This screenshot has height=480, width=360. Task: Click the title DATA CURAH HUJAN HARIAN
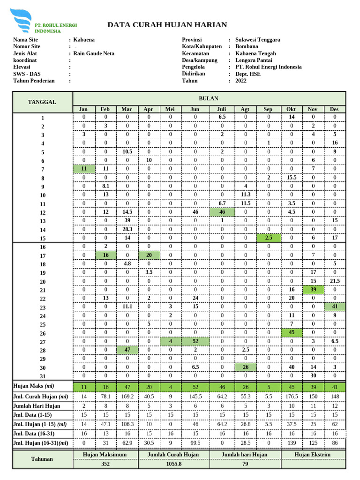(167, 25)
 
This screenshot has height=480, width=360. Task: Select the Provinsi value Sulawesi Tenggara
(264, 40)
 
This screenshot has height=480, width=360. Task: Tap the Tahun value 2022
(241, 81)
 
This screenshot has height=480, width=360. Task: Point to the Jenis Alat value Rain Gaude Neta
(94, 53)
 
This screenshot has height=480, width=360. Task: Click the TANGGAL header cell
(42, 102)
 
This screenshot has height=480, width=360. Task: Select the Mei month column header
(170, 109)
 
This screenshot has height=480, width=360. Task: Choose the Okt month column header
(291, 109)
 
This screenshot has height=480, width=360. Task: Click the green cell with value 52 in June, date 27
(195, 341)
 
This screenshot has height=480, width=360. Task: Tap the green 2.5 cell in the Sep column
(269, 238)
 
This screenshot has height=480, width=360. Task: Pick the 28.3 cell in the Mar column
(127, 229)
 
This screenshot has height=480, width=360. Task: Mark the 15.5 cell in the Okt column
(291, 178)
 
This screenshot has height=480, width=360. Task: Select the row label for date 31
(43, 376)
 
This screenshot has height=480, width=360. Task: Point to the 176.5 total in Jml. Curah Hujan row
(291, 397)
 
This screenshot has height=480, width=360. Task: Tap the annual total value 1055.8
(174, 464)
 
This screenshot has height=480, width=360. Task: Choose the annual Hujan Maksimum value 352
(105, 464)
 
